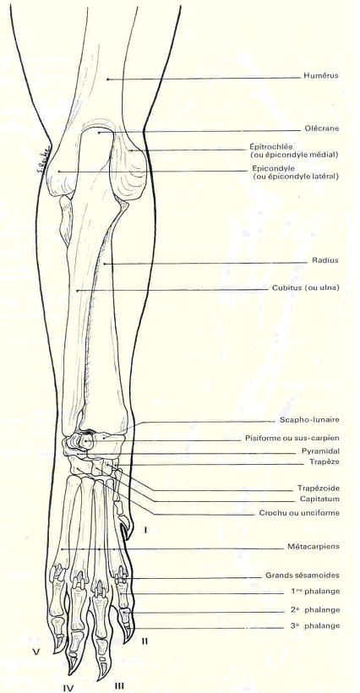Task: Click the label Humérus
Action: pos(320,75)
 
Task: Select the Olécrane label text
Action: pos(322,128)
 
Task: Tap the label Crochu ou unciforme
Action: pos(299,513)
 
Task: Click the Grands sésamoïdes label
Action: pos(303,576)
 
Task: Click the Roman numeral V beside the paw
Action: pos(29,651)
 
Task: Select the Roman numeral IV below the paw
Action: pos(67,687)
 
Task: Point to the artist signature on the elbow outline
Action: pos(45,158)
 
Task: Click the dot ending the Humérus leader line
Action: pos(106,79)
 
